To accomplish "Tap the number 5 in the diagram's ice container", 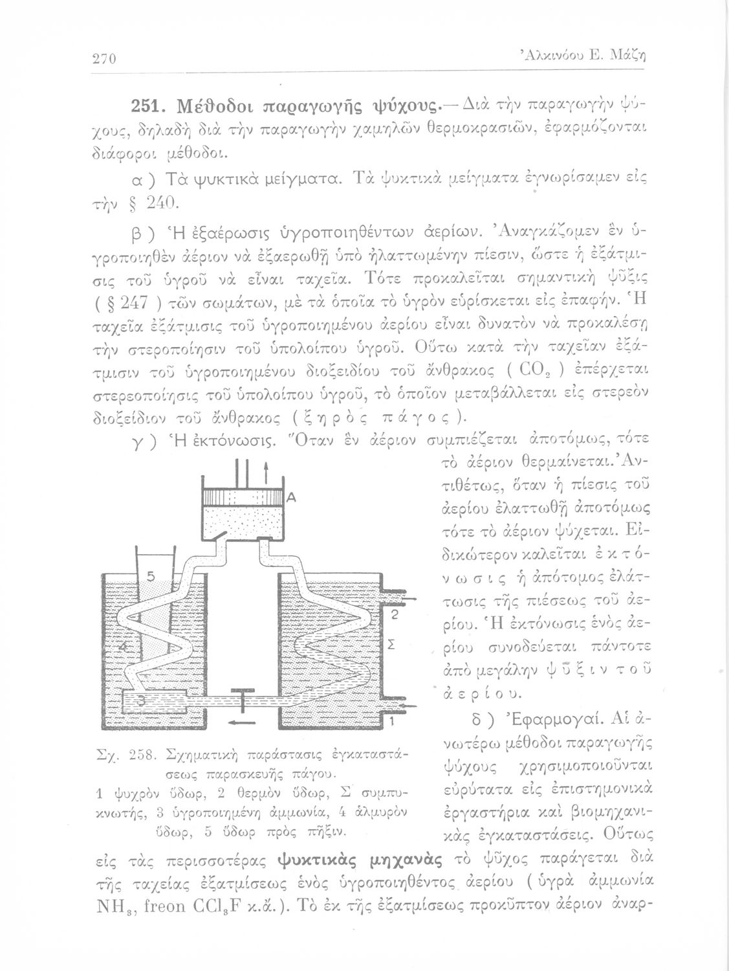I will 149,575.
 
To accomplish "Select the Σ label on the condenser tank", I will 391,647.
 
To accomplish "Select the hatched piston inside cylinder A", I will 243,500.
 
